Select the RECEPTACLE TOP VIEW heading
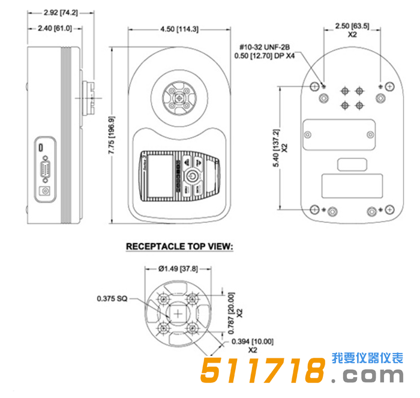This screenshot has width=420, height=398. (178, 247)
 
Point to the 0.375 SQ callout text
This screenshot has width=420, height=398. (112, 298)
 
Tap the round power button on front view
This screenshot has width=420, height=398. (190, 176)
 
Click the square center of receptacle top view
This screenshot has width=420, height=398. (178, 313)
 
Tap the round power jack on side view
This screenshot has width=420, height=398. (44, 191)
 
